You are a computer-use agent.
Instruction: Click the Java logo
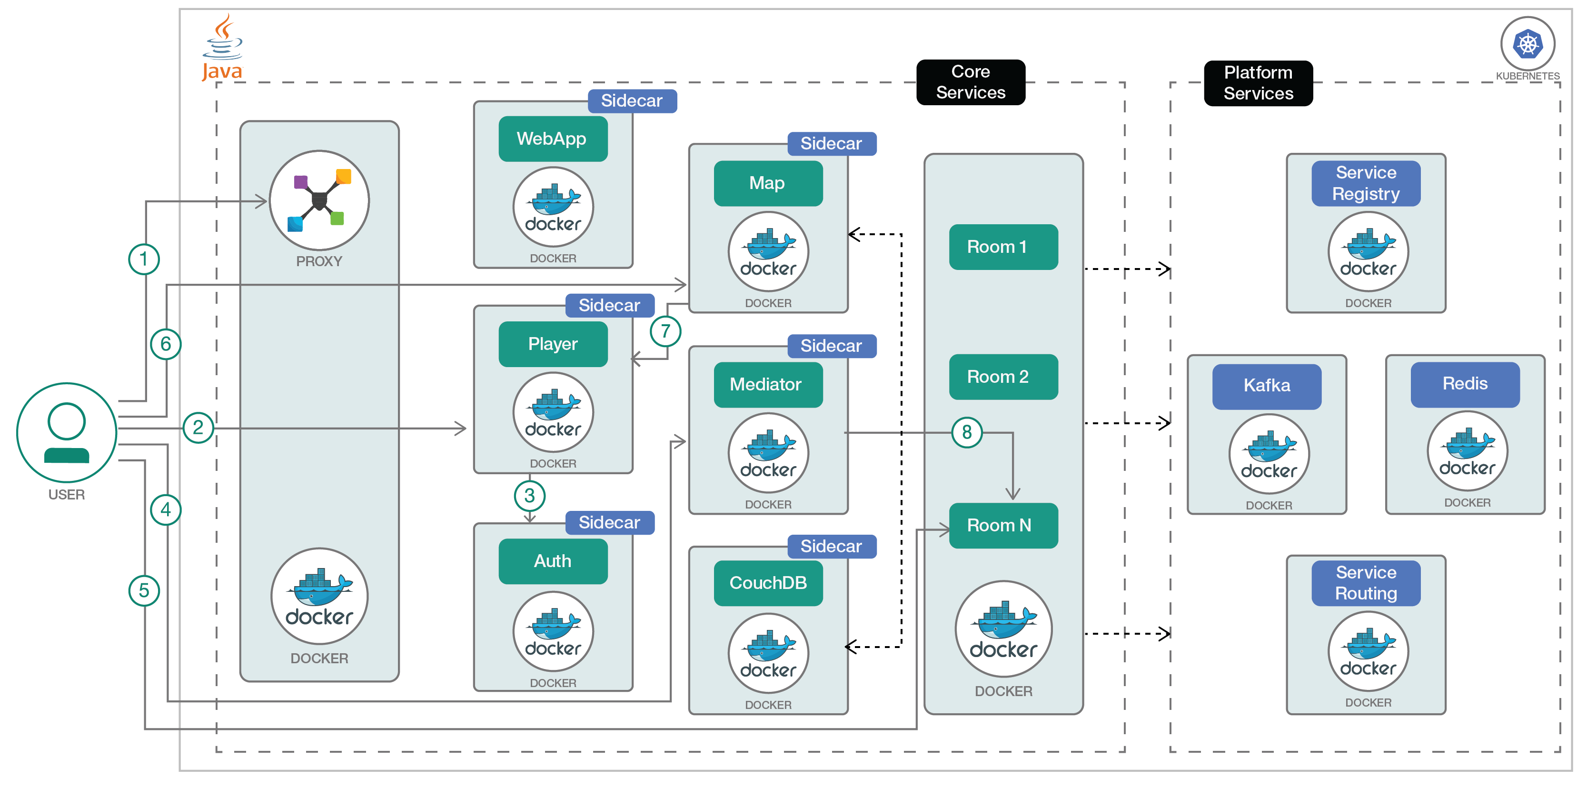pos(222,48)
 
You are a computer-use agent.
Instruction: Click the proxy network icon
pos(319,200)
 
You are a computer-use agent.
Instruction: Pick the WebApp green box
pos(553,139)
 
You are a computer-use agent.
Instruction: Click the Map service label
pos(768,183)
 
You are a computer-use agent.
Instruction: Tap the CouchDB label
pos(768,583)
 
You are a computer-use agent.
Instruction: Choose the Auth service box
pos(553,561)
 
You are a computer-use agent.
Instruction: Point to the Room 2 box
pos(1003,377)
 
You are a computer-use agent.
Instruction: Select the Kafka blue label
pos(1266,386)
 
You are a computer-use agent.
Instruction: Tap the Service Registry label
pos(1365,183)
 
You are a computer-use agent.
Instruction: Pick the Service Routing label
pos(1365,583)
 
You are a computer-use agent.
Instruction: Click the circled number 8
pos(967,432)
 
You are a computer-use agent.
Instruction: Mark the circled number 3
pos(529,495)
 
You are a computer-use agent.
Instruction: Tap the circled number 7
pos(665,331)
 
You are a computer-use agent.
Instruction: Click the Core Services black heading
pos(970,82)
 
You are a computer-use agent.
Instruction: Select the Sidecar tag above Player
pos(609,305)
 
